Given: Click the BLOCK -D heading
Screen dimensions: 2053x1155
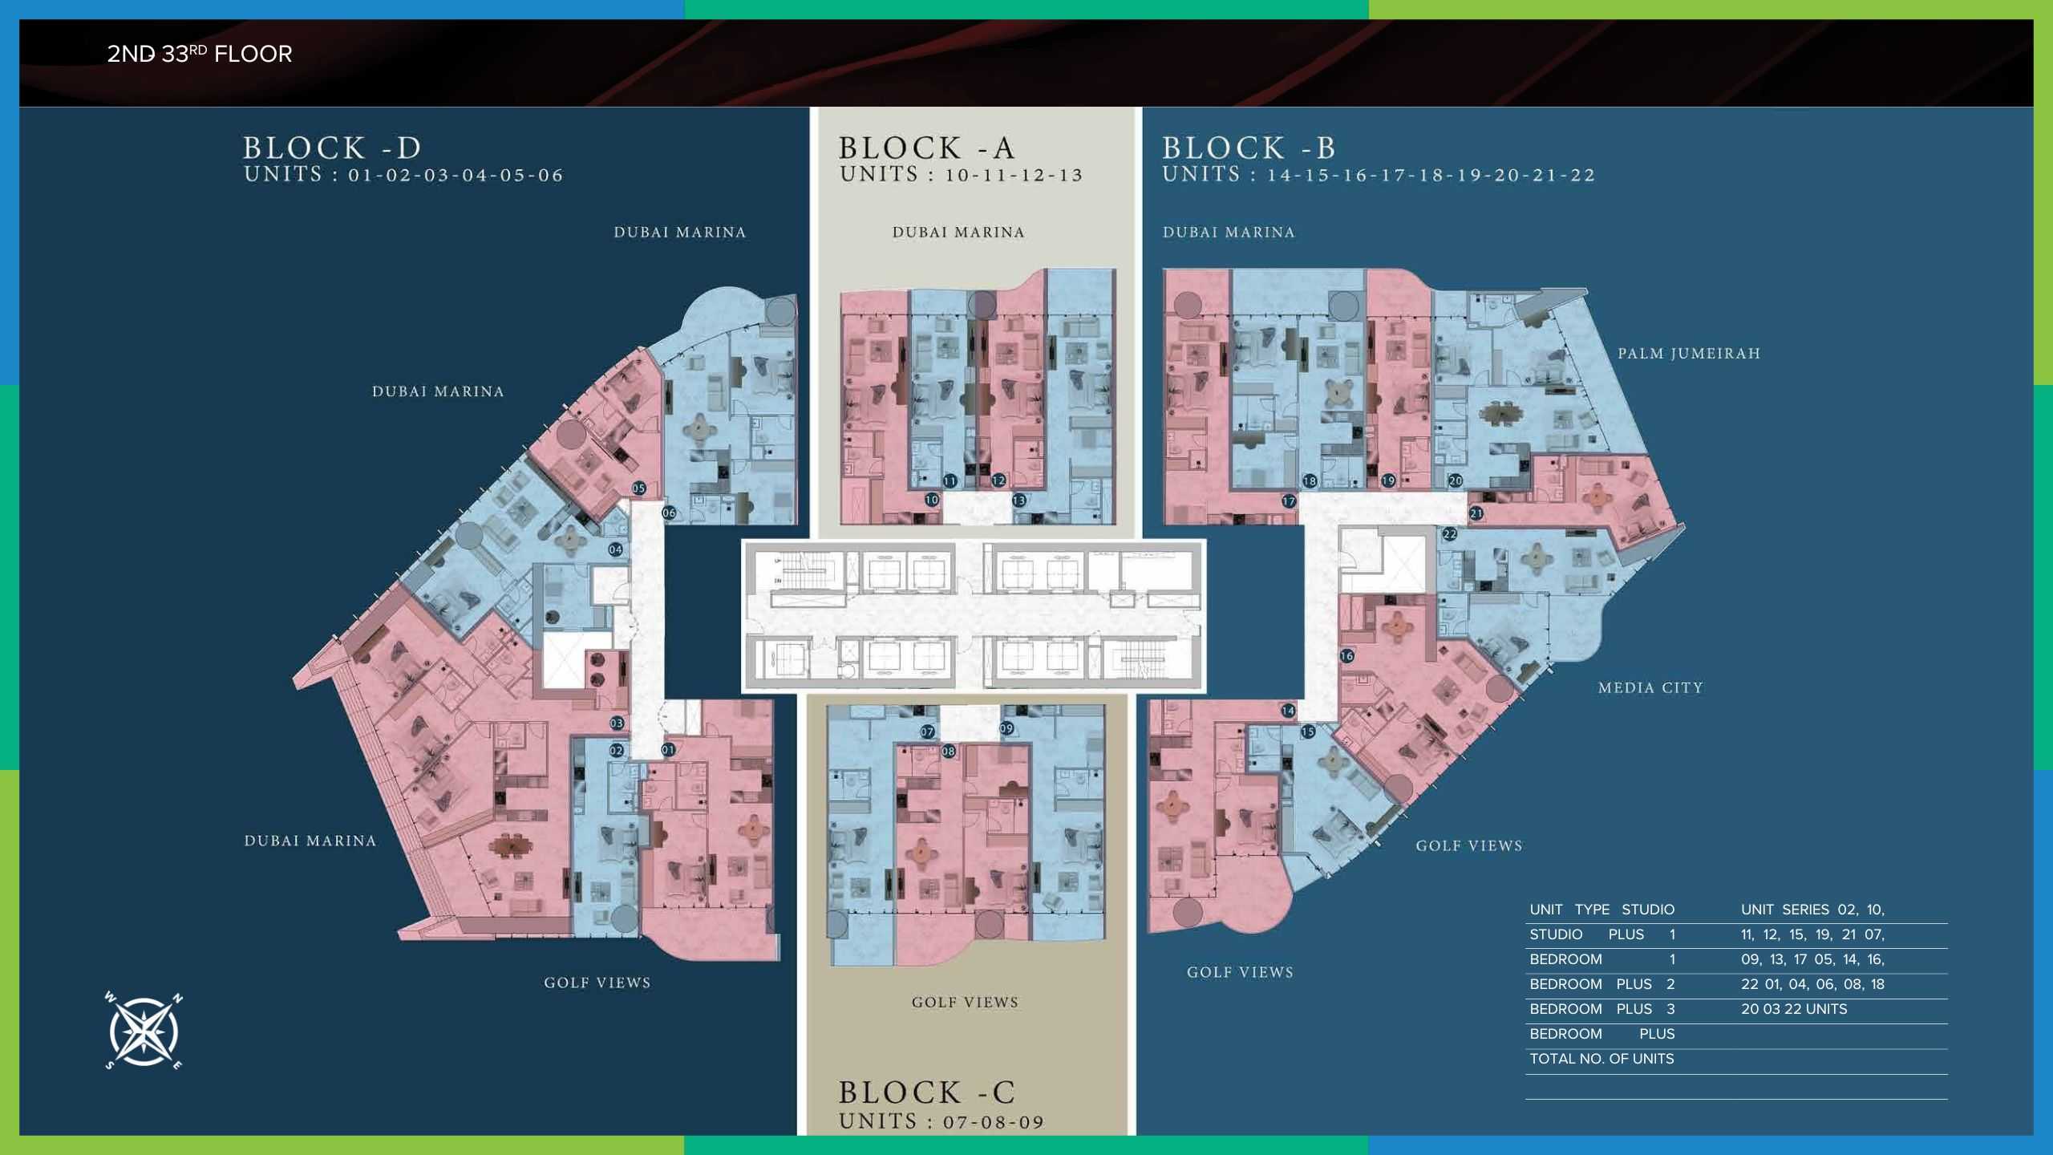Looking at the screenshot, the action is pyautogui.click(x=332, y=148).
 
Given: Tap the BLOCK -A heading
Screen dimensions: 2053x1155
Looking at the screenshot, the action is pyautogui.click(x=927, y=148).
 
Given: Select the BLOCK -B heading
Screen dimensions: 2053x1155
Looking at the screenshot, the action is pyautogui.click(x=1249, y=148).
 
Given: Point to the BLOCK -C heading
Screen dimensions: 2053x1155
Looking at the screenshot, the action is pyautogui.click(x=927, y=1092).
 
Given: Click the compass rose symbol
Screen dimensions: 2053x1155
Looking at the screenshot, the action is pyautogui.click(x=144, y=1031).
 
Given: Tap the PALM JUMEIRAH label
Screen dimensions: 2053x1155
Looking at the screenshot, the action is pyautogui.click(x=1689, y=354).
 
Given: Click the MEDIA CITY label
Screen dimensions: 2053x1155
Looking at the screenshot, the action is pyautogui.click(x=1650, y=688).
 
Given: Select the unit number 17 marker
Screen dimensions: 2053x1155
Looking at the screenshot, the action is pyautogui.click(x=1289, y=501).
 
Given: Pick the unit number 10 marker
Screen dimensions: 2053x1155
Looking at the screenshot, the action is pyautogui.click(x=931, y=500).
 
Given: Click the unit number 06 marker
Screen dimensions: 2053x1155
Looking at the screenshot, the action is pyautogui.click(x=669, y=513).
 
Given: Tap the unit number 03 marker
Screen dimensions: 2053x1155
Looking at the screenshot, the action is pyautogui.click(x=617, y=723).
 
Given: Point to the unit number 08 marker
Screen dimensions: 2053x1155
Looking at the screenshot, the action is pyautogui.click(x=949, y=752).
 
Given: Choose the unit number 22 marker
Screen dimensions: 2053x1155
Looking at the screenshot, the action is pyautogui.click(x=1450, y=534).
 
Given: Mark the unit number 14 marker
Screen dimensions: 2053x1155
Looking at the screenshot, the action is pyautogui.click(x=1288, y=711).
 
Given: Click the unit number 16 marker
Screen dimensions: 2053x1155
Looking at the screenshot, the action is pyautogui.click(x=1346, y=656).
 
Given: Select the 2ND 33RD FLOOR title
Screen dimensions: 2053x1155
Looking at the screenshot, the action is pyautogui.click(x=200, y=54).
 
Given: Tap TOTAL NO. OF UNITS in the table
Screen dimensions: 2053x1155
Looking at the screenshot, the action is pyautogui.click(x=1602, y=1059).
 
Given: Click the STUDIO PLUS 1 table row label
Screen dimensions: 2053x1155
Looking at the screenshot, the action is pyautogui.click(x=1602, y=934).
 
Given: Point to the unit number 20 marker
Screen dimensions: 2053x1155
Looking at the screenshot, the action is pyautogui.click(x=1455, y=481).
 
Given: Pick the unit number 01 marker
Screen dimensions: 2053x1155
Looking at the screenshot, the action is pyautogui.click(x=668, y=750).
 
